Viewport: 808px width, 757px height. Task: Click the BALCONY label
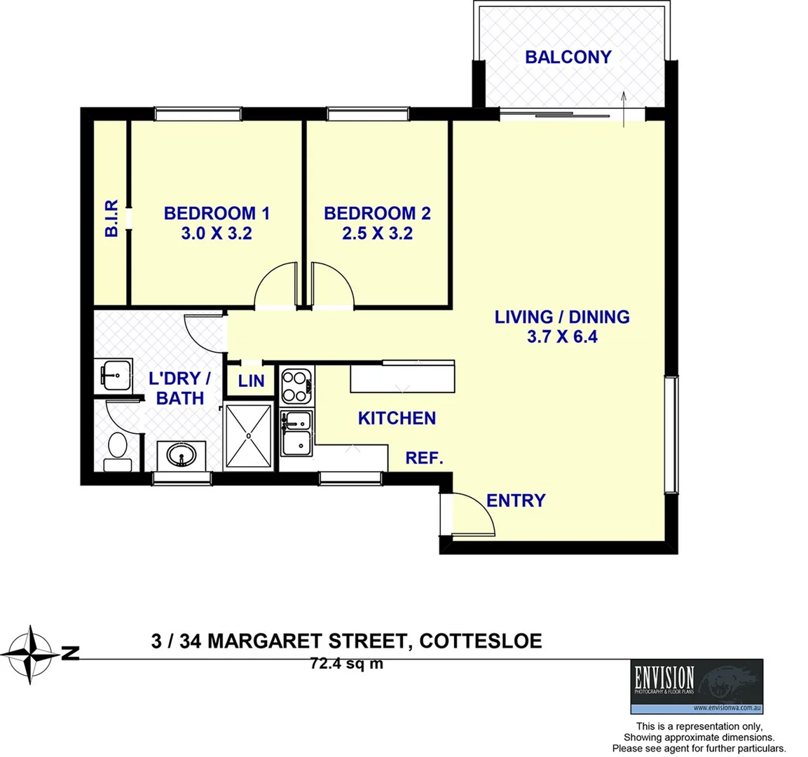click(568, 57)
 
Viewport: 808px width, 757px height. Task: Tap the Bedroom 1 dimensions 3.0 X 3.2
click(216, 233)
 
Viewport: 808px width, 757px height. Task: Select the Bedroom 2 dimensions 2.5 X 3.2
click(377, 233)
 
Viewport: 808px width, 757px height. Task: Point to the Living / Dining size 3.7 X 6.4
click(562, 337)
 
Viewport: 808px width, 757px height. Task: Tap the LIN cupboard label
click(251, 381)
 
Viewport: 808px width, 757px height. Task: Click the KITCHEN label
click(397, 418)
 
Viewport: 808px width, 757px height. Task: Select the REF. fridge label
click(425, 458)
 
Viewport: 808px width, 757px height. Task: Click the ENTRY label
click(516, 500)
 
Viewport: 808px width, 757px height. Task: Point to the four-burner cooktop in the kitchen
click(296, 386)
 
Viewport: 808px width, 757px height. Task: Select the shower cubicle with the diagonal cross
click(248, 435)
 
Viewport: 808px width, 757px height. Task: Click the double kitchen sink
click(296, 433)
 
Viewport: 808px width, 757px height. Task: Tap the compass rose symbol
click(31, 654)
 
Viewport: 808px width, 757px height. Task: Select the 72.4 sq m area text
click(346, 663)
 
